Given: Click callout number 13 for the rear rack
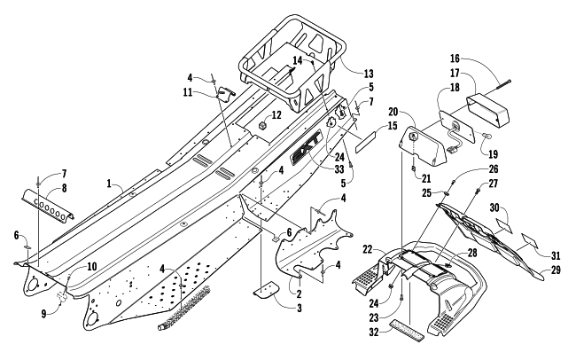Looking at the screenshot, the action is click(369, 74).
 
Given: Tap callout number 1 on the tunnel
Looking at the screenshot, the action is click(109, 184).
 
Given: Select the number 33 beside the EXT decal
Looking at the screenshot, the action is click(339, 168).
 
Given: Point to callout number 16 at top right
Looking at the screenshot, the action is click(455, 59).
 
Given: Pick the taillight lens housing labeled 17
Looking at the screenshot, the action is click(488, 109).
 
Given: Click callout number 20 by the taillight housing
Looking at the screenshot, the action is click(393, 112).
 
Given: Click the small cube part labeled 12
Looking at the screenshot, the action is click(262, 126).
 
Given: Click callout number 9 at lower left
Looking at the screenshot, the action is click(43, 315).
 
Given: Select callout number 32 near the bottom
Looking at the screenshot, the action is click(374, 333).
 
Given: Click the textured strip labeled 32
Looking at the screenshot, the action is click(407, 329).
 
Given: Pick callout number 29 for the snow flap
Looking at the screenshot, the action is click(556, 270).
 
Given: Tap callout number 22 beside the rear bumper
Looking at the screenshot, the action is click(368, 249).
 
